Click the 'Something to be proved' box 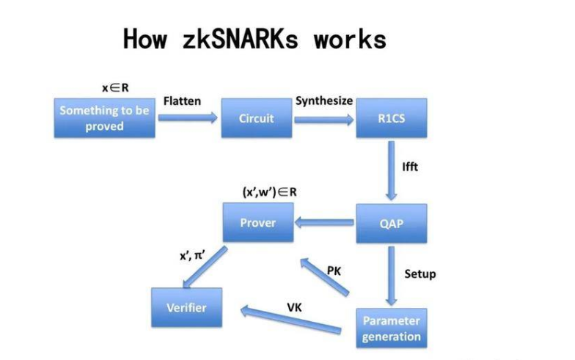click(x=105, y=117)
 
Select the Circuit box click(x=256, y=118)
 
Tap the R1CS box click(x=392, y=118)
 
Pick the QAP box click(x=392, y=223)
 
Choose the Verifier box click(x=186, y=308)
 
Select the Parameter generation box click(x=392, y=328)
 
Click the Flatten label click(x=182, y=100)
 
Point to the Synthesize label click(x=324, y=100)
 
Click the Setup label click(x=420, y=273)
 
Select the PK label click(x=334, y=271)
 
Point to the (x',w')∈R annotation click(x=269, y=192)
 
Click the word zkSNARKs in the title click(x=239, y=38)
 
